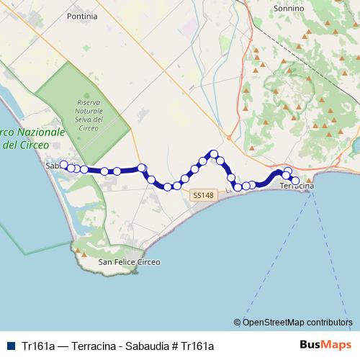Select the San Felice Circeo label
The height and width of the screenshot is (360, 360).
129,262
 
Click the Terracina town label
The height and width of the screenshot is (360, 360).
297,186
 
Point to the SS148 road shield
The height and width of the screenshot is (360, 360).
202,195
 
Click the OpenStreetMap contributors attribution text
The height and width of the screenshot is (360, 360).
298,323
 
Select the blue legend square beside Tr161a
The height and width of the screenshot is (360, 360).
9,345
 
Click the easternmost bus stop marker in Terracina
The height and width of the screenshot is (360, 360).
294,180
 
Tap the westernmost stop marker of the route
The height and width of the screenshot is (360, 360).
63,165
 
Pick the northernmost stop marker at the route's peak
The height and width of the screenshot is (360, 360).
214,153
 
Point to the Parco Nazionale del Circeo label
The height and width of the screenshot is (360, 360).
32,139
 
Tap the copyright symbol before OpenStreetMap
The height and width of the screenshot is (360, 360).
238,323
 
